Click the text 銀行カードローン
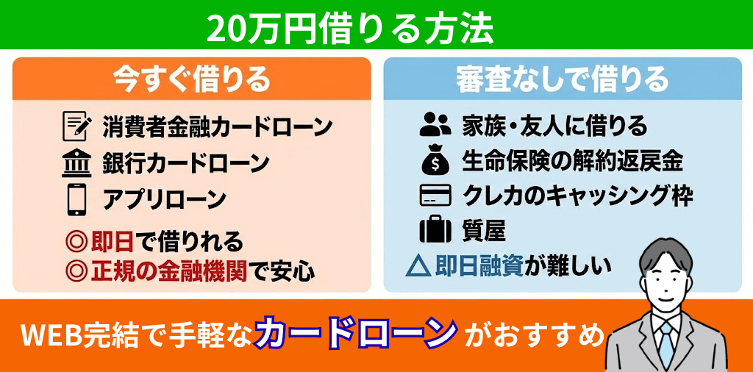point(185,163)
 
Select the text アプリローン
point(164,199)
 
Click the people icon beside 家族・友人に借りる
point(435,125)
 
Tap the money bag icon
point(435,161)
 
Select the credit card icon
point(435,196)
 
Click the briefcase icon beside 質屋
point(435,230)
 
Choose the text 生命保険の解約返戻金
point(572,161)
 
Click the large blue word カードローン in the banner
point(357,335)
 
